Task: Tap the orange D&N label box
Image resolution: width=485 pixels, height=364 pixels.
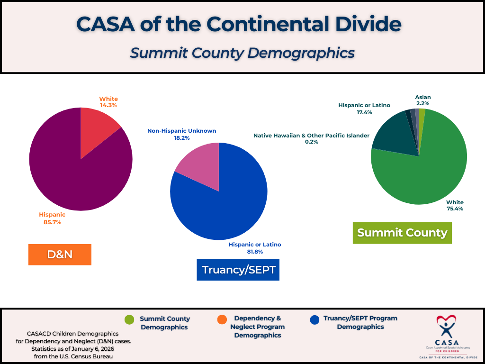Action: [x=60, y=255]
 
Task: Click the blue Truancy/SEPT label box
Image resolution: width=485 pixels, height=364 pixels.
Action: [x=238, y=270]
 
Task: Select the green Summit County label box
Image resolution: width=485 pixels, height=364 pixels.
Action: [x=402, y=233]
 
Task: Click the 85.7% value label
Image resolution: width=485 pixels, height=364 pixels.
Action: [x=52, y=222]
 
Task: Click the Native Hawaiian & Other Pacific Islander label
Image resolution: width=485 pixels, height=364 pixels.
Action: [x=311, y=136]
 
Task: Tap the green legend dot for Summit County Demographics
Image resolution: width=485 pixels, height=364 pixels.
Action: [x=129, y=320]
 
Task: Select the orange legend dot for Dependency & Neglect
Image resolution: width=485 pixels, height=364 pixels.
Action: [x=221, y=320]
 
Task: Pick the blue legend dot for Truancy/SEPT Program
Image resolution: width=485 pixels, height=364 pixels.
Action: [x=313, y=320]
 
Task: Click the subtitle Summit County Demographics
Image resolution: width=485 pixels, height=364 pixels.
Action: [x=242, y=52]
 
